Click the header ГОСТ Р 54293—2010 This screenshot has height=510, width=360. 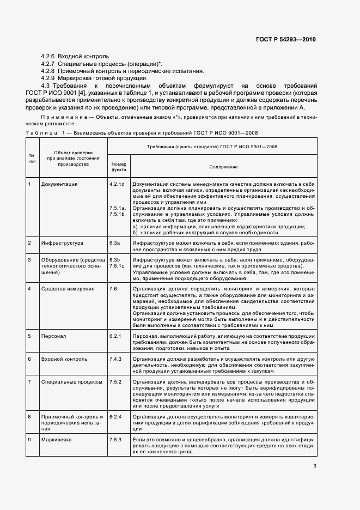tap(286, 40)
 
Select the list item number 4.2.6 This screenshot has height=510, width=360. tap(48, 56)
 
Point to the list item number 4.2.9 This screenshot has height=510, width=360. tap(48, 78)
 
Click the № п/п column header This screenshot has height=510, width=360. tap(32, 158)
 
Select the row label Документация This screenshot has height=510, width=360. tap(59, 184)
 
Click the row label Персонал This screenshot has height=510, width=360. tap(53, 336)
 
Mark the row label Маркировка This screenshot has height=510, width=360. tap(57, 439)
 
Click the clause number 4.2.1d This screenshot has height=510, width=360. tap(117, 184)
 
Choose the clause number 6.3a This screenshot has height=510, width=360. tap(114, 242)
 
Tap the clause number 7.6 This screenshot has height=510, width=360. tap(113, 289)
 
